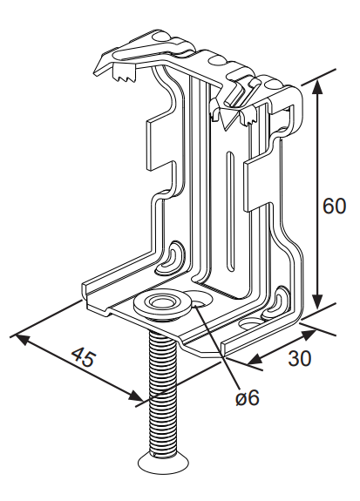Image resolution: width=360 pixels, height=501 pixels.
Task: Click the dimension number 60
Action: click(x=334, y=206)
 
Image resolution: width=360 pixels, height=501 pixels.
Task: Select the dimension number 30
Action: click(x=299, y=358)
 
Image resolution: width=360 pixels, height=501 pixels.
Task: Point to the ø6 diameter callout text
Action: click(x=248, y=398)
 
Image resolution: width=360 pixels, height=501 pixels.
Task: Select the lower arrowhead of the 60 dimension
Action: click(x=316, y=301)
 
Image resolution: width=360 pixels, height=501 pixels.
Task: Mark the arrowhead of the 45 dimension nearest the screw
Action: click(x=136, y=396)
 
